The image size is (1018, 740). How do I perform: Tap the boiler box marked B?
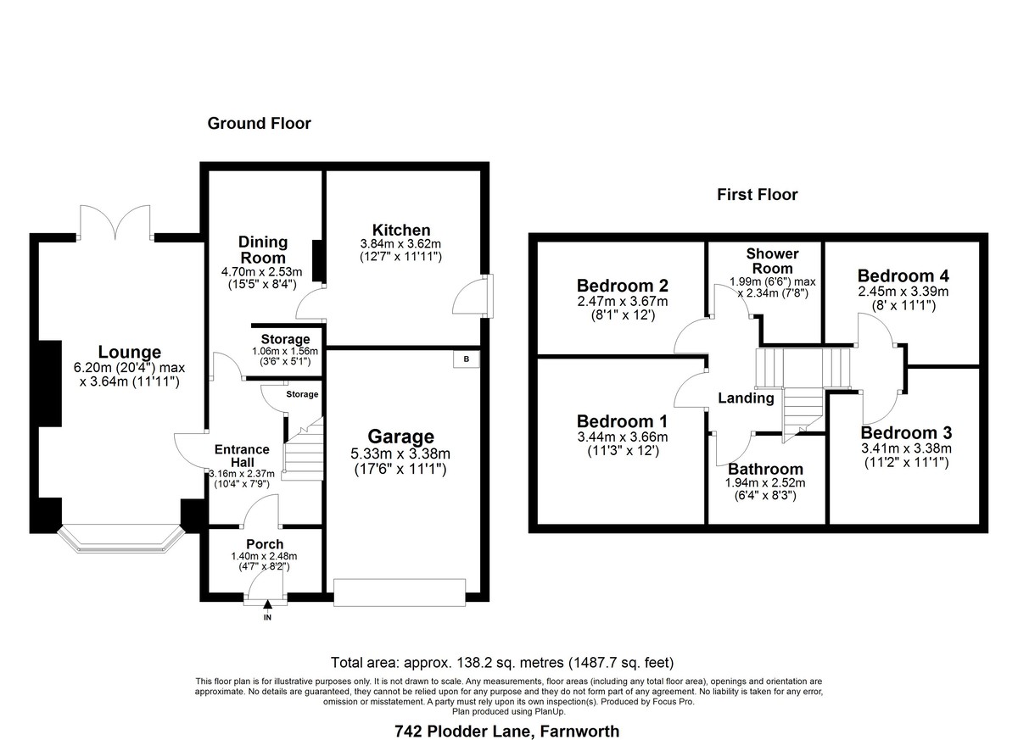pyautogui.click(x=466, y=359)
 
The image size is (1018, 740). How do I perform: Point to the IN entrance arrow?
pyautogui.click(x=267, y=604)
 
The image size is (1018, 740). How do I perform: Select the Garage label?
pyautogui.click(x=400, y=437)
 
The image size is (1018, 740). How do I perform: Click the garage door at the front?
pyautogui.click(x=400, y=593)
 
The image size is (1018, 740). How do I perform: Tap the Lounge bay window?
pyautogui.click(x=120, y=540)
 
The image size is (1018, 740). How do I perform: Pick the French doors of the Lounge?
pyautogui.click(x=115, y=222)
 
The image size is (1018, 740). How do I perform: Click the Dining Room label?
pyautogui.click(x=263, y=250)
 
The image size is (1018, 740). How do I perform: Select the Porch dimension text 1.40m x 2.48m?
pyautogui.click(x=264, y=556)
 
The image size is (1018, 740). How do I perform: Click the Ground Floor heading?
pyautogui.click(x=259, y=124)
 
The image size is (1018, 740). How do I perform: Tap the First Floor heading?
pyautogui.click(x=757, y=195)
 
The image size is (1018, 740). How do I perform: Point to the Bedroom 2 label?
pyautogui.click(x=622, y=286)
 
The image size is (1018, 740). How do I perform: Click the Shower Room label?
pyautogui.click(x=772, y=261)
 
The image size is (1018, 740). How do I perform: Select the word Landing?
pyautogui.click(x=746, y=398)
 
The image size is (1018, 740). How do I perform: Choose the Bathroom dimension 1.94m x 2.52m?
pyautogui.click(x=765, y=483)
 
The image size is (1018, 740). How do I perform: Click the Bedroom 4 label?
pyautogui.click(x=903, y=276)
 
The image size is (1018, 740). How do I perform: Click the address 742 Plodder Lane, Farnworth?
pyautogui.click(x=506, y=732)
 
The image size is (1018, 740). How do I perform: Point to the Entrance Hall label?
pyautogui.click(x=242, y=456)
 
